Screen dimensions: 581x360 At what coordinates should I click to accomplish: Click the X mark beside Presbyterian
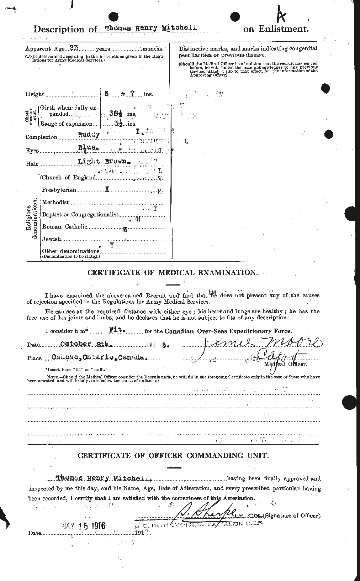coord(106,190)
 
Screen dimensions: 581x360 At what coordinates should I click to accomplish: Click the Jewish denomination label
coord(52,239)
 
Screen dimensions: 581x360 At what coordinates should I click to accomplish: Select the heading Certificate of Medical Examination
coord(172,273)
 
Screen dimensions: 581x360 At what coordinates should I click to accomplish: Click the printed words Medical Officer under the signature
coord(285,364)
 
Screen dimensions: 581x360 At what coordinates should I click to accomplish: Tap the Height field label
coord(35,94)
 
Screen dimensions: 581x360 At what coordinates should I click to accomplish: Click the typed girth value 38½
coord(114,114)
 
